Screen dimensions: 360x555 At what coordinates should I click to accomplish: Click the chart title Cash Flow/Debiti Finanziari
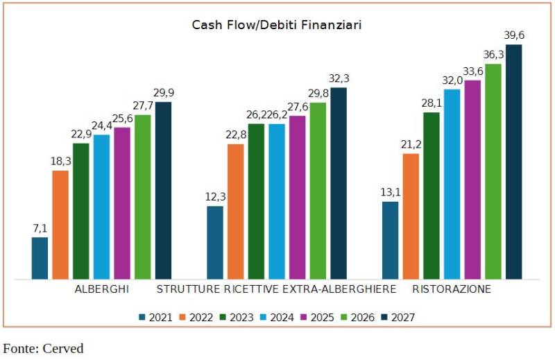point(277,25)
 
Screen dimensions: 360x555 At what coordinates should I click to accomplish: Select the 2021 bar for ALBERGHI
point(40,258)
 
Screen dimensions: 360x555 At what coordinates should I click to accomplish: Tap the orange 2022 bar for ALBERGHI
point(60,225)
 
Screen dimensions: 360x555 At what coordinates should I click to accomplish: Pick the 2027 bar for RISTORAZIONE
point(513,162)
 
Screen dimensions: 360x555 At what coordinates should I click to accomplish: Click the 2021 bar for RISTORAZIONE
point(391,240)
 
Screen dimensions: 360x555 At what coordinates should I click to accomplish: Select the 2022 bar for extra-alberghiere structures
point(236,212)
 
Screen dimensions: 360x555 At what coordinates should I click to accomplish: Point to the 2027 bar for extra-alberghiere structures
point(339,183)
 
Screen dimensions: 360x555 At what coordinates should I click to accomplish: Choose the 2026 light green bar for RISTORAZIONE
point(493,171)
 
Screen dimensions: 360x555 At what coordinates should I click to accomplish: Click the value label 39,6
point(514,36)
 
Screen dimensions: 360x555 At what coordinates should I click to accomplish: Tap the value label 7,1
point(40,228)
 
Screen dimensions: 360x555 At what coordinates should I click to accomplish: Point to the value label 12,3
point(215,198)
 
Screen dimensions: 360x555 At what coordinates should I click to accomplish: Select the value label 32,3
point(339,79)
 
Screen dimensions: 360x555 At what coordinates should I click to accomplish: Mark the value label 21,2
point(411,145)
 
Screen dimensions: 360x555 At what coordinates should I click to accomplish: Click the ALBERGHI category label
point(102,289)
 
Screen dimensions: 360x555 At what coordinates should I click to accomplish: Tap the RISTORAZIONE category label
point(452,289)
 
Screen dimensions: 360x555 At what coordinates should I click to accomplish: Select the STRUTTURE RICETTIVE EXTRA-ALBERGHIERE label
point(277,289)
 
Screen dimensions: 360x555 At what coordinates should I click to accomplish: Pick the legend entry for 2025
point(316,318)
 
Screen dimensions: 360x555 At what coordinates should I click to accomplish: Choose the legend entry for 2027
point(396,318)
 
